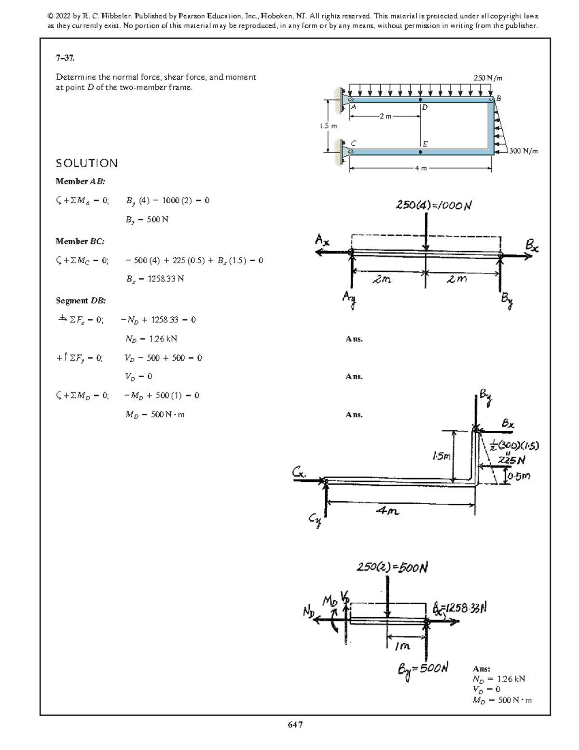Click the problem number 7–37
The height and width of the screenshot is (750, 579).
click(x=65, y=58)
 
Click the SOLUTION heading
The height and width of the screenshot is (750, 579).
click(x=87, y=163)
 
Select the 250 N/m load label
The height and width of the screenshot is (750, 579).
click(x=488, y=77)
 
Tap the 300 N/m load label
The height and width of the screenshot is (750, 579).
click(x=523, y=151)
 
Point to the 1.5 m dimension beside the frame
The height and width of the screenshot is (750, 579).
click(x=329, y=126)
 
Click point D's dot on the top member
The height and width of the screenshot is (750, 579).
click(x=421, y=100)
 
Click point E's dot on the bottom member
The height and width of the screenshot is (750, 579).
click(x=421, y=152)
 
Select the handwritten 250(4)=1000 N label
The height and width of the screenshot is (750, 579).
click(x=433, y=205)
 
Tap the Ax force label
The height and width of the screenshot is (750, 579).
click(x=322, y=240)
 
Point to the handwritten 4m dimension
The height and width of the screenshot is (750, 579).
click(x=387, y=511)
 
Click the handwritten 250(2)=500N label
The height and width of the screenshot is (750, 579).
click(x=392, y=567)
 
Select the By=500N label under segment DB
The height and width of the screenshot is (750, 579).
click(x=423, y=669)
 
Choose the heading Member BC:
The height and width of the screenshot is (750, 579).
click(x=80, y=241)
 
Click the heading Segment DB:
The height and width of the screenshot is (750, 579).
click(x=81, y=300)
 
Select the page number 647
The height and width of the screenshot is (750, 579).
click(x=295, y=724)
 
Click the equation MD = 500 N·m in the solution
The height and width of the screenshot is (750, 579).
click(x=155, y=414)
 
